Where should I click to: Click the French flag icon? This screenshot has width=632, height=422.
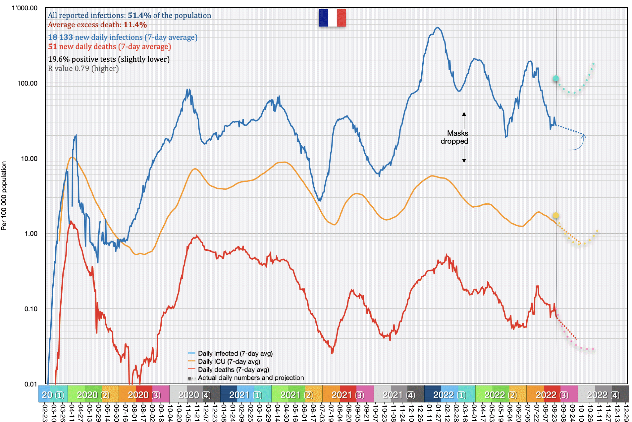coord(332,18)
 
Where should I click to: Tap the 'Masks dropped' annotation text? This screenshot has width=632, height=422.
coord(454,137)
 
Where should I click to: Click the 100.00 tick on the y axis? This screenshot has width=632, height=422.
coord(27,83)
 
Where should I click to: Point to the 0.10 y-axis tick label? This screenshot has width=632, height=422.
coord(31,309)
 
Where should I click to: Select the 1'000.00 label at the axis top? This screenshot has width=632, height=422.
coord(25,8)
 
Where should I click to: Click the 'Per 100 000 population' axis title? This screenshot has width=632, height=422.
coord(4,196)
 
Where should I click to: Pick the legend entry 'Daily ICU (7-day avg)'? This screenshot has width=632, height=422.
coord(229,362)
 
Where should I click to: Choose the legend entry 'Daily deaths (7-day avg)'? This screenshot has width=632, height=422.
coord(233,370)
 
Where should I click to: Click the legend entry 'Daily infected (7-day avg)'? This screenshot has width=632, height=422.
coord(235,354)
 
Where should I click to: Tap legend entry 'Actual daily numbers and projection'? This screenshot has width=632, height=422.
coord(251,378)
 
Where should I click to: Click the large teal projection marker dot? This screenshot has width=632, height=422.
coord(555,79)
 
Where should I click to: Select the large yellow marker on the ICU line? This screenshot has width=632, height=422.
coord(556,215)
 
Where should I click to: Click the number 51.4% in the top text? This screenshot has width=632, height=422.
coord(139,15)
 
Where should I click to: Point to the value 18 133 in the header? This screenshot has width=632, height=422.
coord(60,37)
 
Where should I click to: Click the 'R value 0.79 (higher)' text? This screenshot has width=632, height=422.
coord(83,68)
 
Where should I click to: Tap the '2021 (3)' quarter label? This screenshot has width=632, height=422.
coord(348,395)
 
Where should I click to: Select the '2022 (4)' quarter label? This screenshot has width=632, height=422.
coord(603,395)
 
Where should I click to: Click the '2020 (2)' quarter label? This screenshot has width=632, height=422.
coord(93,395)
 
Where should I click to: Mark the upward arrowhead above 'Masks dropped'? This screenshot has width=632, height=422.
coord(464,114)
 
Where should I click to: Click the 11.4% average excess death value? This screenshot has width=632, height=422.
coord(135,25)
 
